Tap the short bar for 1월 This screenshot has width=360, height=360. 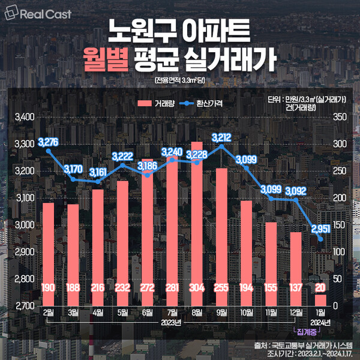tap(322, 299)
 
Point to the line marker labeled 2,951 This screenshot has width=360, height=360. tap(322, 239)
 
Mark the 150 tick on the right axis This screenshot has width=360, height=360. tap(339, 225)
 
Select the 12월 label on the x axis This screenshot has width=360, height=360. tap(295, 313)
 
